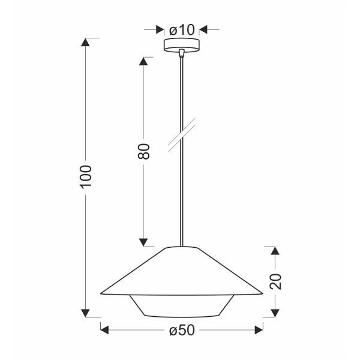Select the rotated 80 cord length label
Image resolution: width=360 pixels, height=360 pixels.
[x=143, y=152]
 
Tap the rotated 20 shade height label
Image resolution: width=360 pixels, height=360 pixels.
[x=275, y=281]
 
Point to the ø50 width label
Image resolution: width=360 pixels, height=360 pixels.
[x=181, y=329]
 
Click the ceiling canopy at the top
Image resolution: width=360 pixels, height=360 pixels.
[x=181, y=46]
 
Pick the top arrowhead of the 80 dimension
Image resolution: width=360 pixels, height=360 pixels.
[x=143, y=62]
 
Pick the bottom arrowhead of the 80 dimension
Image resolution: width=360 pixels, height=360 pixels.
[x=143, y=242]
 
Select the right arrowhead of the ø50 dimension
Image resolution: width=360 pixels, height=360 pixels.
[x=259, y=329]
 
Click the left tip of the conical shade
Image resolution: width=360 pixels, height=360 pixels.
[x=100, y=293]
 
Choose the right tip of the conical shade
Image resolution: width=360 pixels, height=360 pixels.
[x=263, y=293]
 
